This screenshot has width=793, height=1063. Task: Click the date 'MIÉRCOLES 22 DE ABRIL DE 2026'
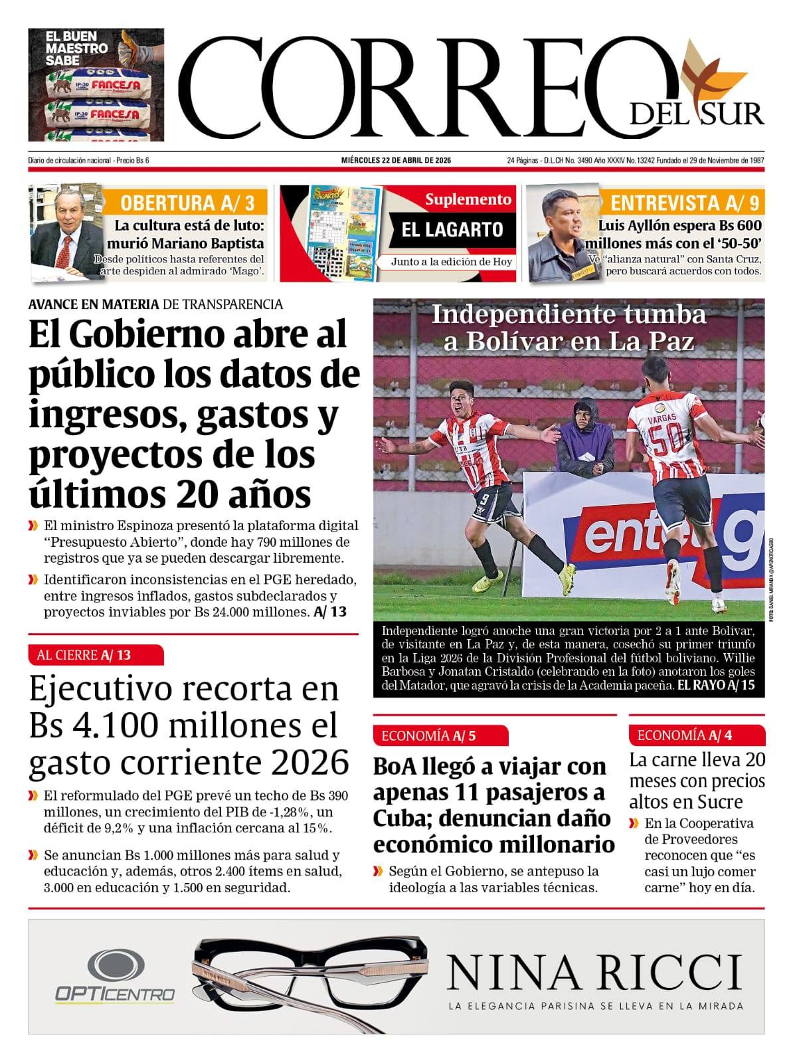(396, 160)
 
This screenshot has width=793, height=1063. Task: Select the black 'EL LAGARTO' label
(452, 230)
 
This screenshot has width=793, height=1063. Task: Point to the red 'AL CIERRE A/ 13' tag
(96, 655)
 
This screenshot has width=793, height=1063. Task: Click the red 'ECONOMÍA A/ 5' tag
(440, 735)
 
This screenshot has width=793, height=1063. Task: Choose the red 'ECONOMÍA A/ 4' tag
(695, 735)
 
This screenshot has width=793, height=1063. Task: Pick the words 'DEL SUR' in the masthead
(697, 114)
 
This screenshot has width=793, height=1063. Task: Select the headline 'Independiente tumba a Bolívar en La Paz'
(569, 327)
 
